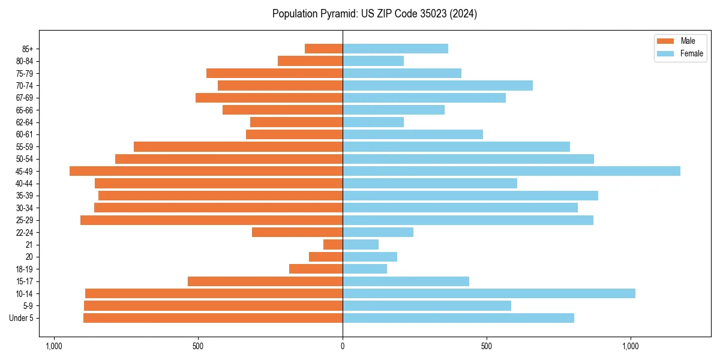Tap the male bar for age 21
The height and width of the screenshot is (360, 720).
(x=333, y=245)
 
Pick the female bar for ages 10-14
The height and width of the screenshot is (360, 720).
(x=488, y=293)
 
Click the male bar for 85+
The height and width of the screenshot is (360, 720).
(x=323, y=49)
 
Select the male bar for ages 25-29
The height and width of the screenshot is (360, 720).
(x=211, y=220)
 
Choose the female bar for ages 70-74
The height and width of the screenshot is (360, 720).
(x=437, y=85)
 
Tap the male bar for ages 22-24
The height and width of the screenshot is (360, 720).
(x=297, y=232)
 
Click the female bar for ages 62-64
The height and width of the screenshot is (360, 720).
(x=373, y=122)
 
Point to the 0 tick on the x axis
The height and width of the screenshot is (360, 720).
(x=343, y=346)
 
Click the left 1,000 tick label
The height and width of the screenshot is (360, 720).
(x=54, y=346)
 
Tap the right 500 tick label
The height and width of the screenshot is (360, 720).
(x=487, y=346)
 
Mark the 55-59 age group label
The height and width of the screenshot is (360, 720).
(x=25, y=146)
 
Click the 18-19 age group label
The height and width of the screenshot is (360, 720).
(x=25, y=269)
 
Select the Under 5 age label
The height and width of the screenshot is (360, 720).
(x=22, y=318)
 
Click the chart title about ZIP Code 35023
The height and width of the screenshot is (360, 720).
(x=374, y=14)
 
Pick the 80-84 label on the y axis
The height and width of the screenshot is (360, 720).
(x=25, y=61)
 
